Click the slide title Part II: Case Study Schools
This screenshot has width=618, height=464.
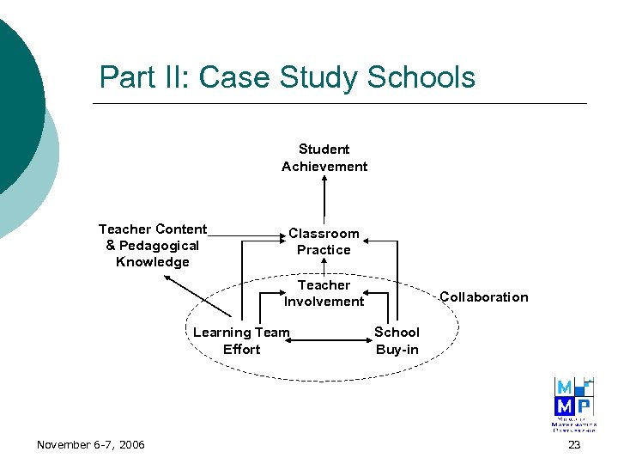tap(287, 77)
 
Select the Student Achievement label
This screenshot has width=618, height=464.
tap(324, 158)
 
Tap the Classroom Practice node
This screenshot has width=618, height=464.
tap(324, 241)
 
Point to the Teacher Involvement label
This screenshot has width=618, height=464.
tap(324, 293)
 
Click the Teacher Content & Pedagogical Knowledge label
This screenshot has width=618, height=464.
tap(153, 245)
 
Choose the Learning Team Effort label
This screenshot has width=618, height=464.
tap(241, 340)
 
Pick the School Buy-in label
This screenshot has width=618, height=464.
tap(397, 340)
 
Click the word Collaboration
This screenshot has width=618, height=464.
tap(483, 297)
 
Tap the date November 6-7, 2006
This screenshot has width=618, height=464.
tap(91, 444)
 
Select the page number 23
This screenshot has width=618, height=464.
tap(574, 444)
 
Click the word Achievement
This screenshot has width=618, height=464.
tap(324, 167)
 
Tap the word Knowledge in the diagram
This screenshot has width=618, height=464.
tap(153, 262)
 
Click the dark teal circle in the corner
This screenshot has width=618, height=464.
tap(13, 103)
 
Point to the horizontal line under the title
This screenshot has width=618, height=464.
tap(339, 104)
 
